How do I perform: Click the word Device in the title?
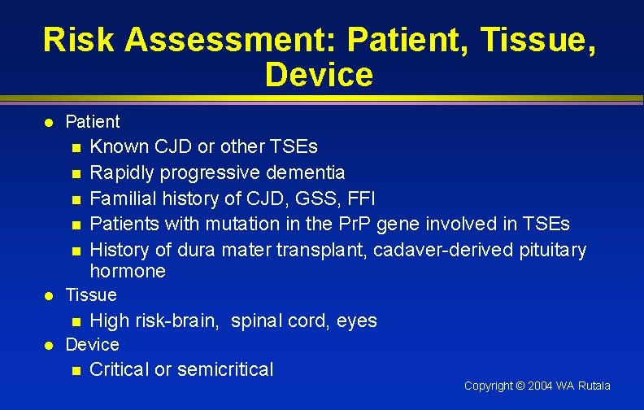pos(319,75)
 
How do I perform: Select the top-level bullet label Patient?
pos(92,122)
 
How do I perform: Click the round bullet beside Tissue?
pos(49,295)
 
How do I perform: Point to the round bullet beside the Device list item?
pos(49,345)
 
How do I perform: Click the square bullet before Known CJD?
pos(76,148)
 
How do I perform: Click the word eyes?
pos(357,321)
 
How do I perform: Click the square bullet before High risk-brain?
pos(76,321)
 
